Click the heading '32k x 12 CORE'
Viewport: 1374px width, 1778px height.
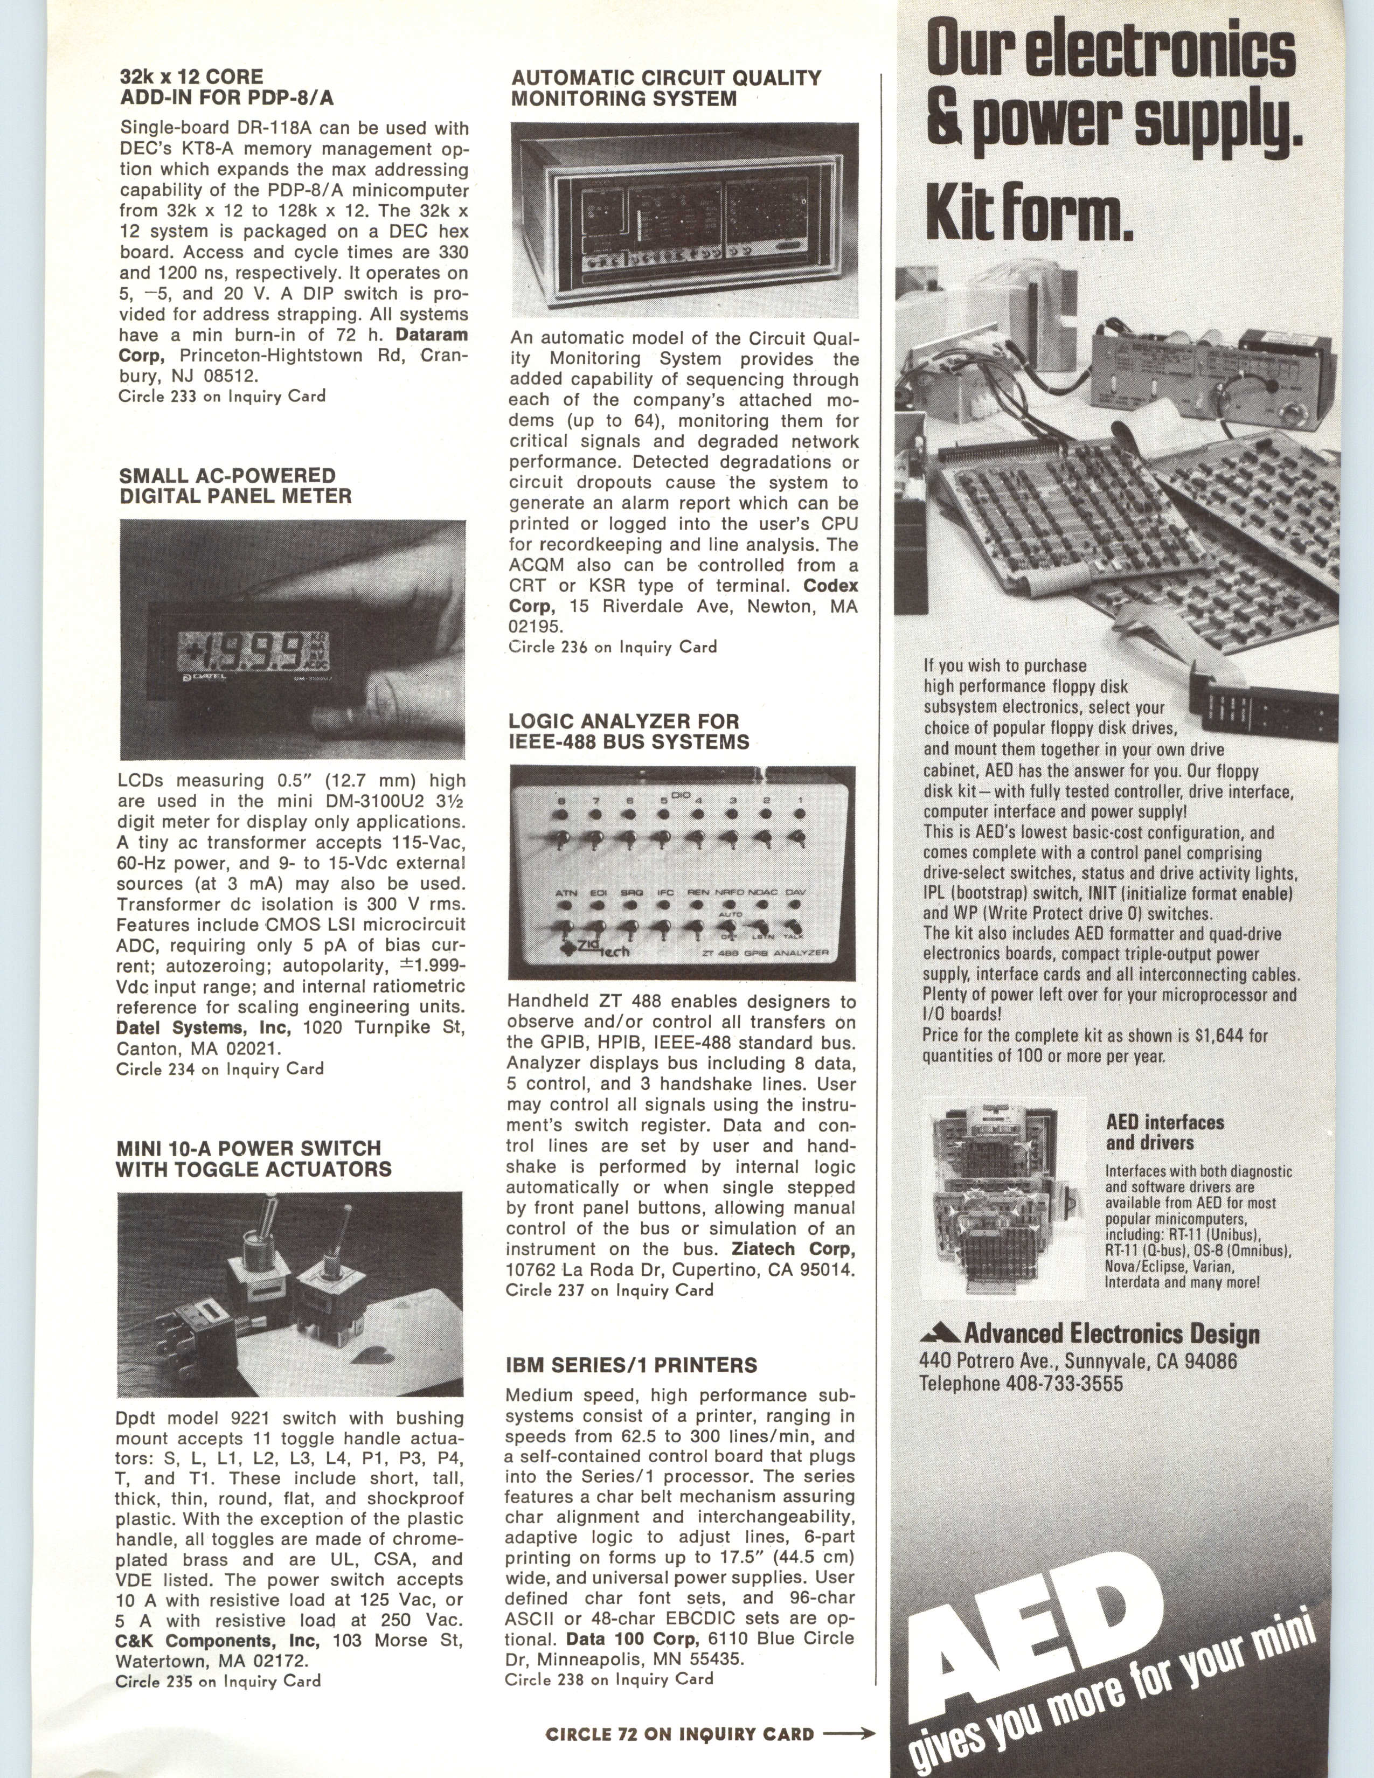pyautogui.click(x=191, y=78)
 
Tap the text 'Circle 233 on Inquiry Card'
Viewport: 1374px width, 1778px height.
pyautogui.click(x=221, y=397)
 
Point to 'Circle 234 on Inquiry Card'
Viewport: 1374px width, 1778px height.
pyautogui.click(x=220, y=1069)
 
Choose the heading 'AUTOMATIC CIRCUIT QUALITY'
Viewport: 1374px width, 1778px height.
pyautogui.click(x=666, y=78)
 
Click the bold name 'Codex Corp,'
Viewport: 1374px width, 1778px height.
pyautogui.click(x=684, y=596)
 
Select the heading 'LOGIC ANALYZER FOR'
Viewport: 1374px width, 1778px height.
pyautogui.click(x=623, y=721)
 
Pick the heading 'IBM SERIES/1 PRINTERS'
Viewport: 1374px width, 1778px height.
pyautogui.click(x=631, y=1365)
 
